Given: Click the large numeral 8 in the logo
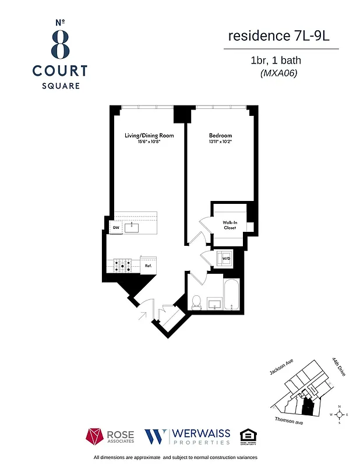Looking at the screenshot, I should click(x=59, y=43).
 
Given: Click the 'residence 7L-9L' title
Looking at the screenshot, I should click(x=280, y=36).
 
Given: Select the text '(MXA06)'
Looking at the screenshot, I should click(x=278, y=73).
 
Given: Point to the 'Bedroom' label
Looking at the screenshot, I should click(x=220, y=136).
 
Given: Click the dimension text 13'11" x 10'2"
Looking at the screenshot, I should click(x=220, y=142).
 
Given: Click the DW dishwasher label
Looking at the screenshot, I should click(x=116, y=228).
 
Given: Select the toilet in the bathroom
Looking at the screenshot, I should click(x=196, y=302).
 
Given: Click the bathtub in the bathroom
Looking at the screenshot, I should click(x=231, y=295).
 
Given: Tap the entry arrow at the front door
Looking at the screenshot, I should click(x=142, y=316).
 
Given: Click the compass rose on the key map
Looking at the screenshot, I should click(x=339, y=415).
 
